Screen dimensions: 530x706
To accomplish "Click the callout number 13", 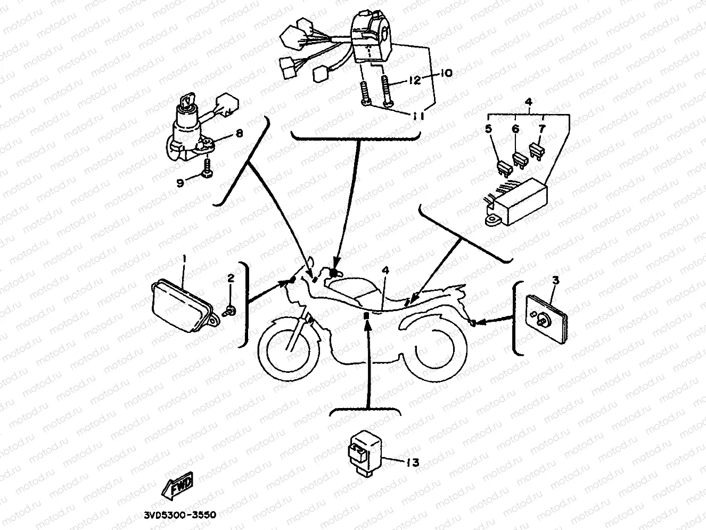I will pyautogui.click(x=412, y=462).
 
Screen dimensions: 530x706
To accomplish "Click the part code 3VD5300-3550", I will pyautogui.click(x=180, y=516).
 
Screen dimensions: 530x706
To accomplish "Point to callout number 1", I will pyautogui.click(x=184, y=258).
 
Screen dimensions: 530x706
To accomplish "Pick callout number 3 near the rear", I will pyautogui.click(x=555, y=280).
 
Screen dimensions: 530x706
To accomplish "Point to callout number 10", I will pyautogui.click(x=446, y=72).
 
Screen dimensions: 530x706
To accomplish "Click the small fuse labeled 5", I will pyautogui.click(x=504, y=166).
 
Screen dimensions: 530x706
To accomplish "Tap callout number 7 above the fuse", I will pyautogui.click(x=541, y=128).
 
